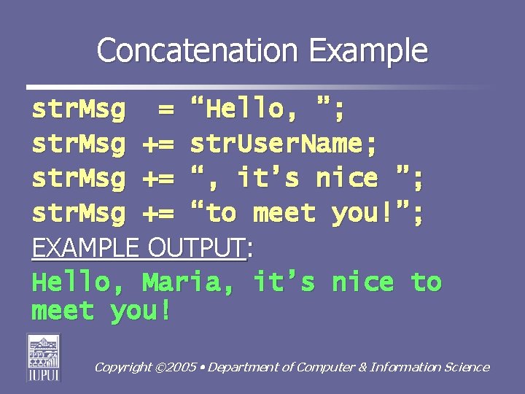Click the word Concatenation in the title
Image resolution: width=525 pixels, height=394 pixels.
click(x=198, y=51)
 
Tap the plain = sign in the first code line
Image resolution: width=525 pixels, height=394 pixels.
click(x=166, y=110)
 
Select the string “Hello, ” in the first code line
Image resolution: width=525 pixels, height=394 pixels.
click(x=267, y=110)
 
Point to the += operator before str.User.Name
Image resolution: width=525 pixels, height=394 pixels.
click(x=157, y=144)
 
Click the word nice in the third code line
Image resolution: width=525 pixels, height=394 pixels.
click(x=346, y=179)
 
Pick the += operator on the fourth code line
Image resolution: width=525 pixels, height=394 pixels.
click(x=157, y=213)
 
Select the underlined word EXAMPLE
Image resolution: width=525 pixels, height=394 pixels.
click(x=84, y=248)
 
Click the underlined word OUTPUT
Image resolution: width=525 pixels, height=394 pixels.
click(x=196, y=248)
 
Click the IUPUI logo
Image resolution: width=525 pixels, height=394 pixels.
click(x=44, y=358)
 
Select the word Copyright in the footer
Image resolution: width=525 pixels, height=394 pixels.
click(x=123, y=368)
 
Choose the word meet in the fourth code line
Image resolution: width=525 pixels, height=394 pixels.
click(x=284, y=213)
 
